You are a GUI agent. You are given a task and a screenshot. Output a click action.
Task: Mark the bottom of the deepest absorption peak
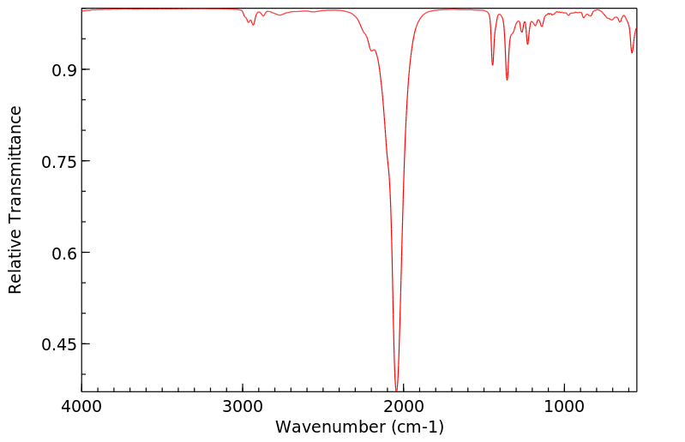pyautogui.click(x=396, y=388)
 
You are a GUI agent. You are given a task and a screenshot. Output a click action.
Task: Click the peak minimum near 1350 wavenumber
pyautogui.click(x=508, y=80)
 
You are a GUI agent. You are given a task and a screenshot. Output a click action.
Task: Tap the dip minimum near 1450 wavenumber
pyautogui.click(x=492, y=64)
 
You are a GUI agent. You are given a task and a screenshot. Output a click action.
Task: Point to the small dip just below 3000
pyautogui.click(x=253, y=24)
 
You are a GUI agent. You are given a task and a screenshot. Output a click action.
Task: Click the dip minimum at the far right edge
pyautogui.click(x=632, y=52)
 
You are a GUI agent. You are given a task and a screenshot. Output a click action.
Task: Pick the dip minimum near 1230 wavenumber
pyautogui.click(x=527, y=44)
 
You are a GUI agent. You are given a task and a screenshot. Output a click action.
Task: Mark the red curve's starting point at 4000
pyautogui.click(x=82, y=11)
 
